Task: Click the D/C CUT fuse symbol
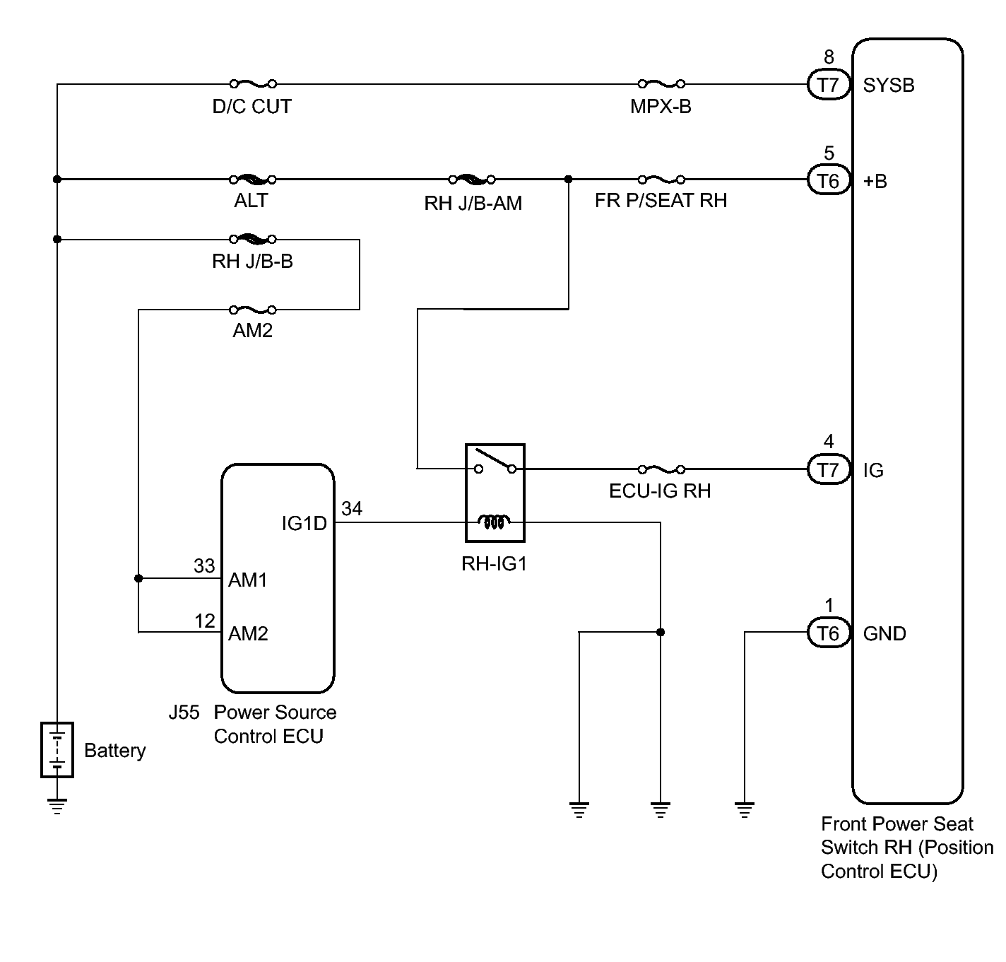tap(252, 83)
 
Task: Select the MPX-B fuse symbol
tap(661, 83)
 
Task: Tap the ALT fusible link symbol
tap(252, 180)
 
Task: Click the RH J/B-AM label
tap(473, 204)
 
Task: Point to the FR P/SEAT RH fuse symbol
tap(661, 180)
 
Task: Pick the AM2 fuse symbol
tap(252, 310)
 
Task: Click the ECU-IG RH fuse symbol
tap(661, 469)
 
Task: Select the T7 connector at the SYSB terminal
tap(828, 85)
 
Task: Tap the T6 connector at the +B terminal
tap(828, 181)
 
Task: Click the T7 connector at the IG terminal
tap(828, 469)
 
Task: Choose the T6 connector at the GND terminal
tap(828, 633)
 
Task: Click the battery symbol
tap(57, 750)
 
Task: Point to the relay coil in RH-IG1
tap(495, 522)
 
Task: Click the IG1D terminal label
tap(304, 524)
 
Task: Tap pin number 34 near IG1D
tap(352, 509)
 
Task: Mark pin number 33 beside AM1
tap(204, 566)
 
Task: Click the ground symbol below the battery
tap(57, 806)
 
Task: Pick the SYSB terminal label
tap(889, 86)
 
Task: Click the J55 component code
tap(184, 712)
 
